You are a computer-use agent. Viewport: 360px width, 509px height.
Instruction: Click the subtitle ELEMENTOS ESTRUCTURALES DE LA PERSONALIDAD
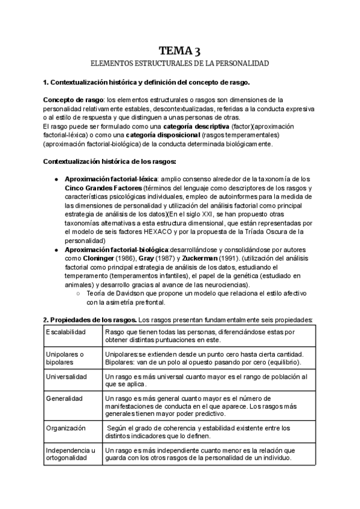tap(179, 62)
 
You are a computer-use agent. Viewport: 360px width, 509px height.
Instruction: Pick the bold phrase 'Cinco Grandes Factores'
tap(100, 188)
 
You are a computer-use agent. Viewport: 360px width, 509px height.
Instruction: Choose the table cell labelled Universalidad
tap(67, 377)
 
